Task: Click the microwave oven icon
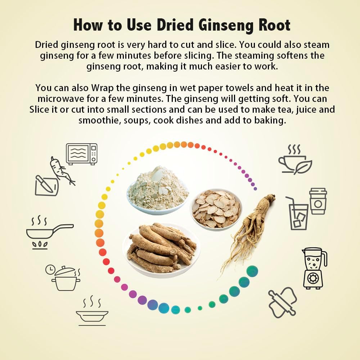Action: pos(81,154)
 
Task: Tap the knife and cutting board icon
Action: pos(46,185)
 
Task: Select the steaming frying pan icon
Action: pos(50,232)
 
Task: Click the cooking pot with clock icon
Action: pos(63,278)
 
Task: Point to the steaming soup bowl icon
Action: pos(92,311)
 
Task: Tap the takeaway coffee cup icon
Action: pos(318,201)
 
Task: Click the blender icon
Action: pos(314,268)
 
